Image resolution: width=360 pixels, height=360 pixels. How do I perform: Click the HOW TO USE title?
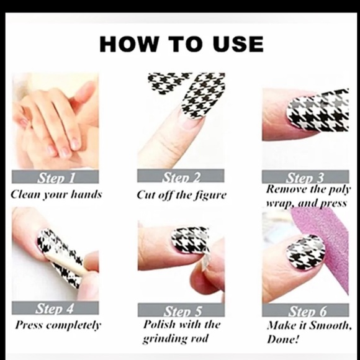tap(181, 45)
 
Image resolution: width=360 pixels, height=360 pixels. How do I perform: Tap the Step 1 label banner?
tap(55, 178)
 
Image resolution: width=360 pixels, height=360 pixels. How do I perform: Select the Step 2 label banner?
tap(180, 177)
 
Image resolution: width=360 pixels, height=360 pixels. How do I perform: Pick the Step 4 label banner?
tap(55, 308)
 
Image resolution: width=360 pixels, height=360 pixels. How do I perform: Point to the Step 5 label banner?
tap(180, 310)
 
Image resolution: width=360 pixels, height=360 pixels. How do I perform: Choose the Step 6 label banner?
tap(305, 310)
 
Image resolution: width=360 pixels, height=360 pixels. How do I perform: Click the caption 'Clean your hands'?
tap(56, 194)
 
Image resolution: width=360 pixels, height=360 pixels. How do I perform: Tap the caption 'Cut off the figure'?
tap(181, 195)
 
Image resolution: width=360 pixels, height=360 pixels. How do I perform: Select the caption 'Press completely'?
tap(58, 325)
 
